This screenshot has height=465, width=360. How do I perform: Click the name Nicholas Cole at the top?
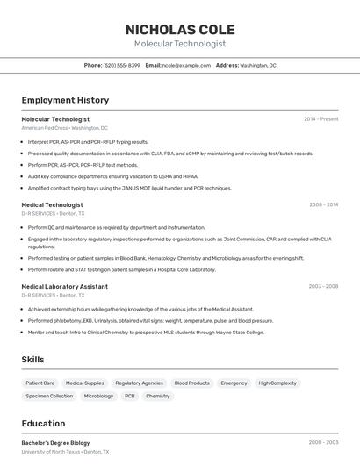[180, 29]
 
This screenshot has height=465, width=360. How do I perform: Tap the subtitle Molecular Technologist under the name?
[180, 44]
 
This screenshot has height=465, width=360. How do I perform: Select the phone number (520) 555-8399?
[121, 66]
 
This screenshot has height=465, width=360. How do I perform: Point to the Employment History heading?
[65, 101]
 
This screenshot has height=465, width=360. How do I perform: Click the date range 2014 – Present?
[320, 119]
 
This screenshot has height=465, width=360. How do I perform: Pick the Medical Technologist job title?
[52, 204]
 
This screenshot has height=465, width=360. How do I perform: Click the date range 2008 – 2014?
[323, 204]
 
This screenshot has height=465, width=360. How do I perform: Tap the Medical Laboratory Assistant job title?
[64, 286]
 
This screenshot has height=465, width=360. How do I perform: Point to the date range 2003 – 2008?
[323, 286]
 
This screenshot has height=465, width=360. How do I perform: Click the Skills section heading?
[33, 360]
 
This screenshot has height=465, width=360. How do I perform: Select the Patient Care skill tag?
[40, 383]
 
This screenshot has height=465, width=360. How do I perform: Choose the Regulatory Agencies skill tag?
[139, 383]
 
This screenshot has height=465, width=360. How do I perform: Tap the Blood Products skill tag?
[191, 383]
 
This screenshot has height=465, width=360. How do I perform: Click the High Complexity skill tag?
[277, 383]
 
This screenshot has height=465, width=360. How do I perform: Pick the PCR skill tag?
[129, 397]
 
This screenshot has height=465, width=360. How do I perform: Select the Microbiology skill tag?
[98, 397]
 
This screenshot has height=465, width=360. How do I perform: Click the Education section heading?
[43, 423]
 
